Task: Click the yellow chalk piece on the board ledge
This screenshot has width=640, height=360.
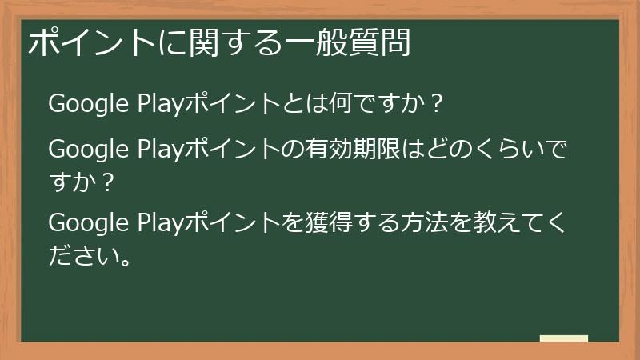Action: tap(564, 339)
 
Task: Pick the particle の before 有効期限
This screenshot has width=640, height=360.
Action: tap(291, 150)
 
